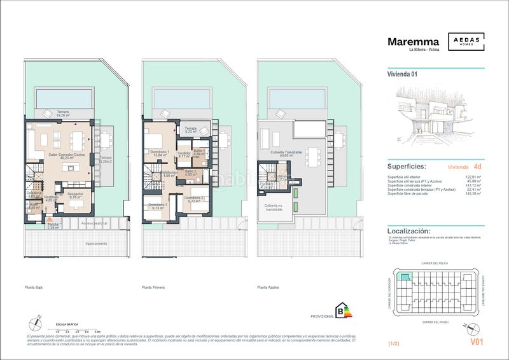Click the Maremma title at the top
413,43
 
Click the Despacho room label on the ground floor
76,195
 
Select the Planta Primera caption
153,288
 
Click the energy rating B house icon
344,311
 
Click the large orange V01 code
478,342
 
